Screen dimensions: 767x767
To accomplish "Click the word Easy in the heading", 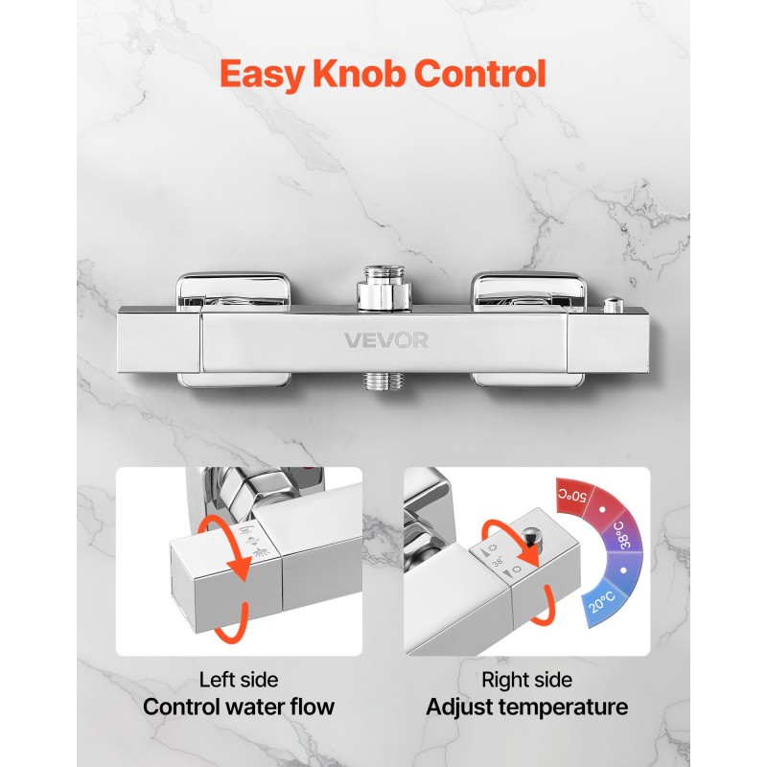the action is click(x=262, y=75).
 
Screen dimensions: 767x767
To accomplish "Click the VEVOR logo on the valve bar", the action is click(x=386, y=340).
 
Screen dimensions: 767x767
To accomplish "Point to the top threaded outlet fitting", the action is click(x=383, y=288).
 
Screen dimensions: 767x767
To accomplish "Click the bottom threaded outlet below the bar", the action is click(x=384, y=382).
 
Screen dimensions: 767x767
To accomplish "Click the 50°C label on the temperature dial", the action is click(x=572, y=495).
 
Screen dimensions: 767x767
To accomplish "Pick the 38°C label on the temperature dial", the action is click(x=621, y=535).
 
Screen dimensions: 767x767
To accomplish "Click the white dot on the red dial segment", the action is click(x=602, y=509).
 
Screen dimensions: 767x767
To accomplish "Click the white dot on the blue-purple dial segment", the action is click(x=623, y=570).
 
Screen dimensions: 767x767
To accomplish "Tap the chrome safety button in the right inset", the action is click(x=531, y=536).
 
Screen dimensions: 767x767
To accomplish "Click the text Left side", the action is click(x=239, y=680).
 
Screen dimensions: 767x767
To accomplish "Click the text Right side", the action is click(x=526, y=680).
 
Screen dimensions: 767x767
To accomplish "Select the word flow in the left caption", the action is click(x=313, y=707).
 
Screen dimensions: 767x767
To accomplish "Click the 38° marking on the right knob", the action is click(x=498, y=561).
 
